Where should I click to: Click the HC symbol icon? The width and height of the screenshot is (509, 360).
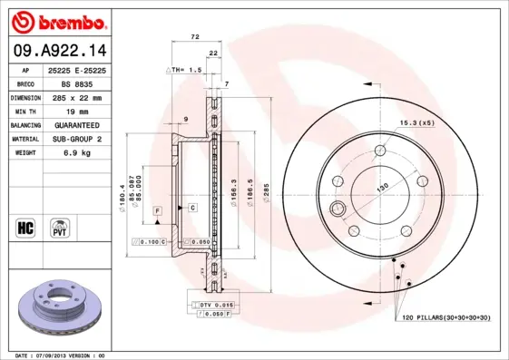point(24,226)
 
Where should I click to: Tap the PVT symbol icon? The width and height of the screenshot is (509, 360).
point(59,226)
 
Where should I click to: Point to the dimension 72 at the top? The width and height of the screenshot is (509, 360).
point(195,37)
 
